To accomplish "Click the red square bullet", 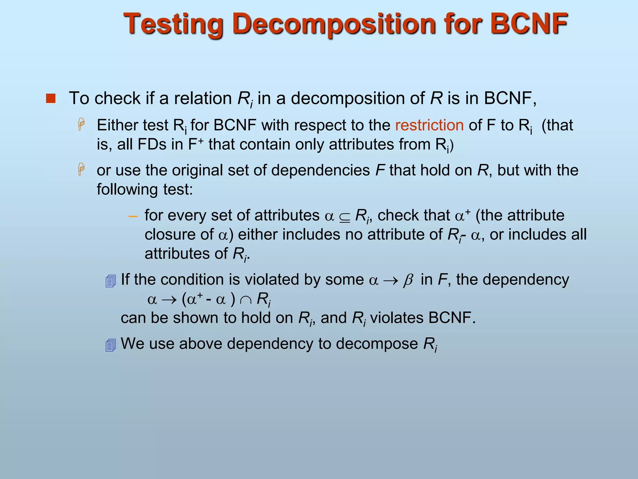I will tap(50, 99).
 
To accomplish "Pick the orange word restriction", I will tap(429, 125).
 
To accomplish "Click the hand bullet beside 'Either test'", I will tap(81, 124).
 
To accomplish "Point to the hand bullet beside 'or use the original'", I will tap(81, 169).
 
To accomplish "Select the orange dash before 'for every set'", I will tap(133, 216).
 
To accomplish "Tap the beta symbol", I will tap(408, 280).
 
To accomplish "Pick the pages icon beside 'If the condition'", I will tap(111, 281).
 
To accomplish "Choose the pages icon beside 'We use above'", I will tap(111, 345).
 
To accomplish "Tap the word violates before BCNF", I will tap(397, 318).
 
